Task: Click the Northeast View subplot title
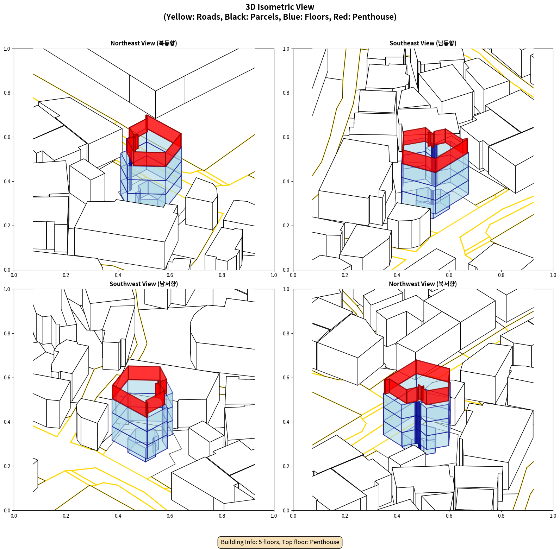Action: pos(144,43)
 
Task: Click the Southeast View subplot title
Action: pos(423,43)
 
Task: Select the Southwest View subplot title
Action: pos(144,284)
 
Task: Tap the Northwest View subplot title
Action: pos(423,284)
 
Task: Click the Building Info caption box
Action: pos(280,542)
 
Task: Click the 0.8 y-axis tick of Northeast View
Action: pos(7,93)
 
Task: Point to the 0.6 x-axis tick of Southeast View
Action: pos(449,275)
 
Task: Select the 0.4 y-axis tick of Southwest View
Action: pos(7,422)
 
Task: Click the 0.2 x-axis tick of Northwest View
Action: pos(345,516)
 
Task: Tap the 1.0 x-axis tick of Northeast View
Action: pos(274,275)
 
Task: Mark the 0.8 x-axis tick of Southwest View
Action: pos(222,516)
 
